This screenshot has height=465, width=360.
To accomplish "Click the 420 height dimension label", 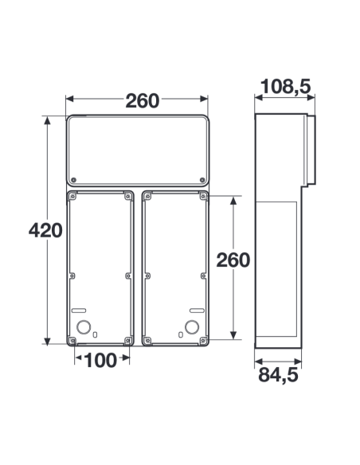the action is coord(45,230).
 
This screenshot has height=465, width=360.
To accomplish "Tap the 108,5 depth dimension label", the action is coord(286,86).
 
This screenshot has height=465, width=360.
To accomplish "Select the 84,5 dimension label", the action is coord(278,375).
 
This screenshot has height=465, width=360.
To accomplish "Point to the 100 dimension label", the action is coord(100,361).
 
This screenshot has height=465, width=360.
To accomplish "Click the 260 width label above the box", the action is coord(143,100).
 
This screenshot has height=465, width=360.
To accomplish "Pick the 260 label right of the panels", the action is coord(233,260).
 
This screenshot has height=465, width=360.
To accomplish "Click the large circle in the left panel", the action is coord(84,327).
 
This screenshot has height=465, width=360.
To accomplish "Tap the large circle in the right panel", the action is coord(192,327).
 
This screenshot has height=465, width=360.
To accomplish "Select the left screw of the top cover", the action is coord(74,180).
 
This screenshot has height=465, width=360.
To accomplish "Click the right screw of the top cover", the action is coord(202,180).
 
